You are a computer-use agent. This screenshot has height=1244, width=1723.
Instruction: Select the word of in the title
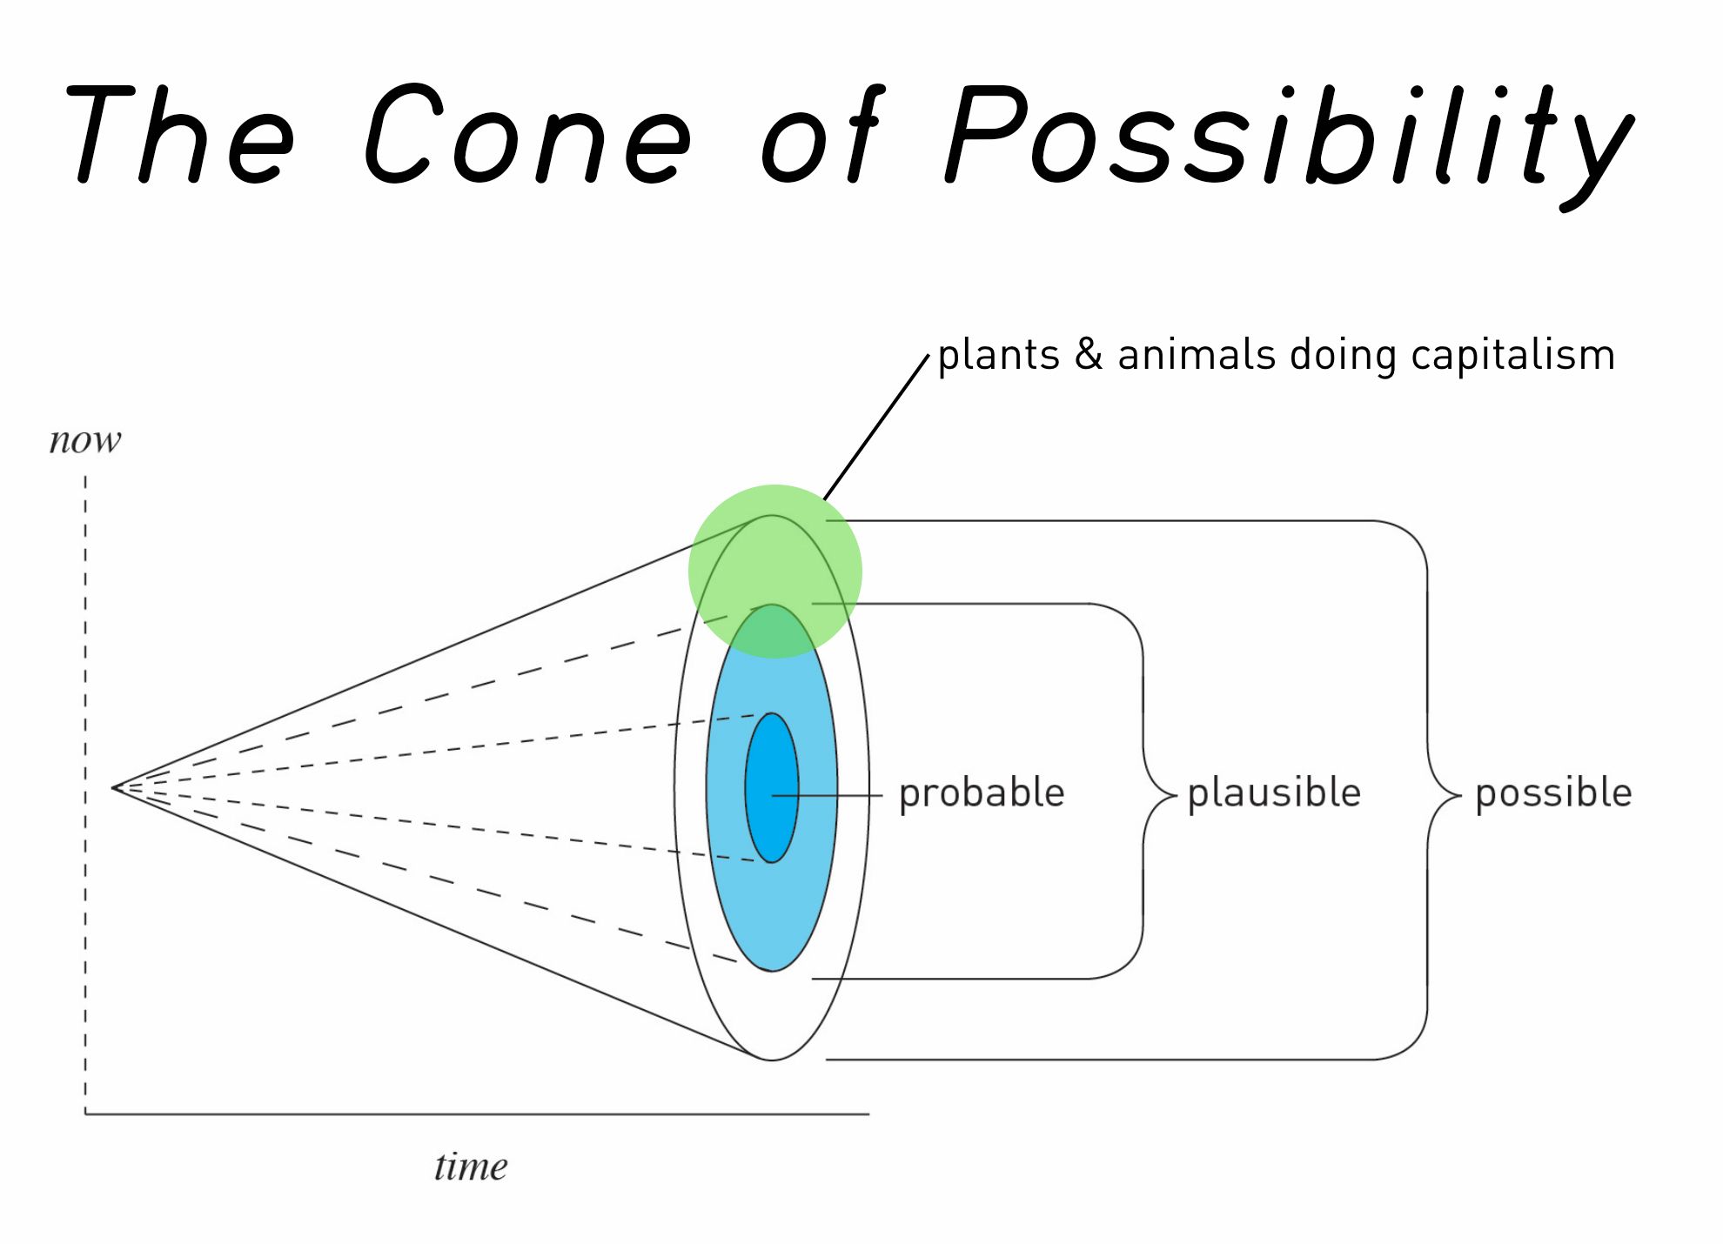822,135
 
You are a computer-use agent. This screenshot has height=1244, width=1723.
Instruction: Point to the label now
85,441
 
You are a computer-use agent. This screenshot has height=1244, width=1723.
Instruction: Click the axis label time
471,1167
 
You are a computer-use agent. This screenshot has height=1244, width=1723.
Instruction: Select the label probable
982,793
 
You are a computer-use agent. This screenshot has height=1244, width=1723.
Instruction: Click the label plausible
1274,793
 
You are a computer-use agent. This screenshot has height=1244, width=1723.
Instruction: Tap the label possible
1553,793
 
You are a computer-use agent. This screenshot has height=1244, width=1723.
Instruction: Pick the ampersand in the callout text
1089,355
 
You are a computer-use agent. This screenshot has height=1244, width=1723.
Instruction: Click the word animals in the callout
1197,356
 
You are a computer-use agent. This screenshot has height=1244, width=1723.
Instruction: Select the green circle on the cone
774,557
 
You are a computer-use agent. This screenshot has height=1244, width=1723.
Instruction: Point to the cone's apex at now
114,788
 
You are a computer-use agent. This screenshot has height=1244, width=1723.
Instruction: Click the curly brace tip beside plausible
1175,794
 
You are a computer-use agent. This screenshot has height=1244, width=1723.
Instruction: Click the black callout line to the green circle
877,426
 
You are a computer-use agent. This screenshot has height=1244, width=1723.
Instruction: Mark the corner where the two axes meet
85,1114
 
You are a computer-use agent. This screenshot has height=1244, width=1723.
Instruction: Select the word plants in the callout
998,356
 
